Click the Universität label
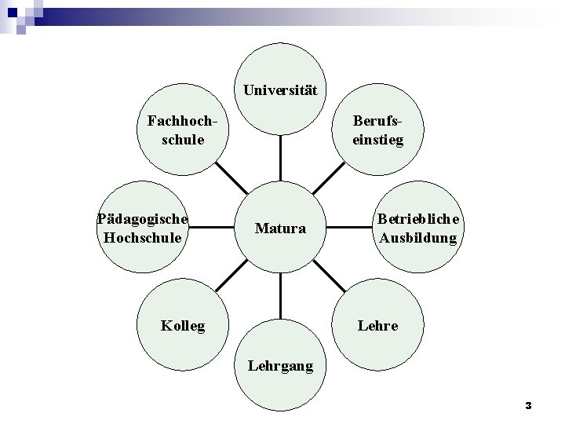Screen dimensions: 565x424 tap(280, 90)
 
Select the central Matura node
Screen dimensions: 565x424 tap(280, 229)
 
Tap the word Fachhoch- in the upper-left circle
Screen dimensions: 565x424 tap(181, 122)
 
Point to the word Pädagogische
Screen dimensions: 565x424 tap(143, 219)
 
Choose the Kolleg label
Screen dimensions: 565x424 tap(182, 325)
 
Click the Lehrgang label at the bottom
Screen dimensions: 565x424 tap(280, 365)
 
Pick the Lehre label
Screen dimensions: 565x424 tap(377, 325)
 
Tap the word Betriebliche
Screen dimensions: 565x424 tap(419, 220)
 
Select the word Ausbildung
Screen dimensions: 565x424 tap(418, 237)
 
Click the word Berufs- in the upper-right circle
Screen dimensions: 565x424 tap(379, 122)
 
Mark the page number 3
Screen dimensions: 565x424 tap(528, 406)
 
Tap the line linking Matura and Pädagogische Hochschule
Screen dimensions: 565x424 tap(213, 228)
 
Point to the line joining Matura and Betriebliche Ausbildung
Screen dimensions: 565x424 tap(348, 228)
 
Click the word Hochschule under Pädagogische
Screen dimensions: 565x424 tap(143, 236)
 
